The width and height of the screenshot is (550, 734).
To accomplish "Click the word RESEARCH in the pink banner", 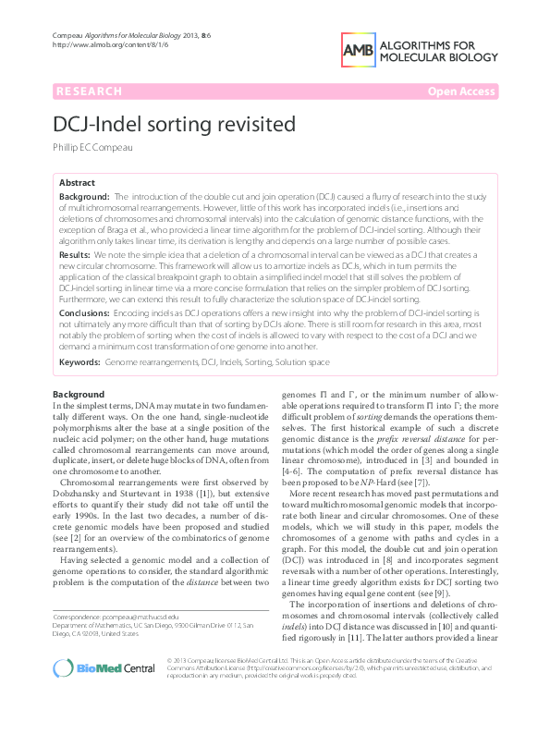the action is tap(89, 92).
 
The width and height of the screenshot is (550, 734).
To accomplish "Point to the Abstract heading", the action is tap(78, 183).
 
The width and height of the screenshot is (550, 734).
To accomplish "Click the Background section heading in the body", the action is tap(79, 395).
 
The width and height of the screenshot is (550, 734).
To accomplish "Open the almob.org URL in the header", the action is tap(96, 44).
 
